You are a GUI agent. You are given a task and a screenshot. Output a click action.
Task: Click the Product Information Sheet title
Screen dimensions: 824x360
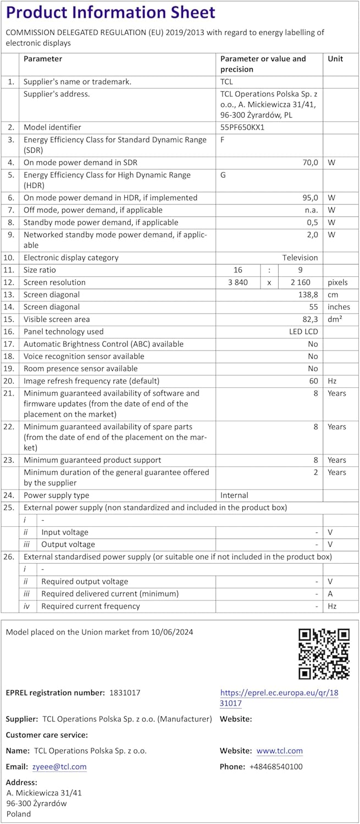[110, 12]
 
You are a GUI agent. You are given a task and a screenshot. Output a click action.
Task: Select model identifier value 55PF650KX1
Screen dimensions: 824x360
[242, 127]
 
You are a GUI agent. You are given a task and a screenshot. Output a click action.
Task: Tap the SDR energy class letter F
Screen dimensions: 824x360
[223, 140]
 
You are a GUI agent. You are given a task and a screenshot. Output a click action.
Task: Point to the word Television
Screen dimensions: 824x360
[300, 258]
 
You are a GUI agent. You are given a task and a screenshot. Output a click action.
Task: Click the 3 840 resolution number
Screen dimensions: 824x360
[238, 282]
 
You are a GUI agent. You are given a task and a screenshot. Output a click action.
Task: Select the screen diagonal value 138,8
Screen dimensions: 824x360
[308, 294]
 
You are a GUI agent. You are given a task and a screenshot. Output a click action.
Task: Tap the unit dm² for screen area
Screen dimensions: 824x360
[335, 319]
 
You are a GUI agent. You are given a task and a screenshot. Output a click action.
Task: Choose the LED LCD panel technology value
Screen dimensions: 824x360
[303, 332]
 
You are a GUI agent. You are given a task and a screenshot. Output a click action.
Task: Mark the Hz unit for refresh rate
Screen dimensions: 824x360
[333, 381]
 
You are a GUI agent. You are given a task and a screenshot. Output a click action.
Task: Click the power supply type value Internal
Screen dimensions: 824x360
[234, 495]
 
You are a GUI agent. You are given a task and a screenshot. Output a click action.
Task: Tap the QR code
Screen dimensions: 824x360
[324, 654]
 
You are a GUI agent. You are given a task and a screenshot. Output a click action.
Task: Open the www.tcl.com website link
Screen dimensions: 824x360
[279, 751]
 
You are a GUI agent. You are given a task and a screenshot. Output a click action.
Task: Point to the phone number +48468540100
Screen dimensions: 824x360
[275, 767]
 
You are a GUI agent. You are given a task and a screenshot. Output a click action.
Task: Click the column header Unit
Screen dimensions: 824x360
[335, 59]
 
